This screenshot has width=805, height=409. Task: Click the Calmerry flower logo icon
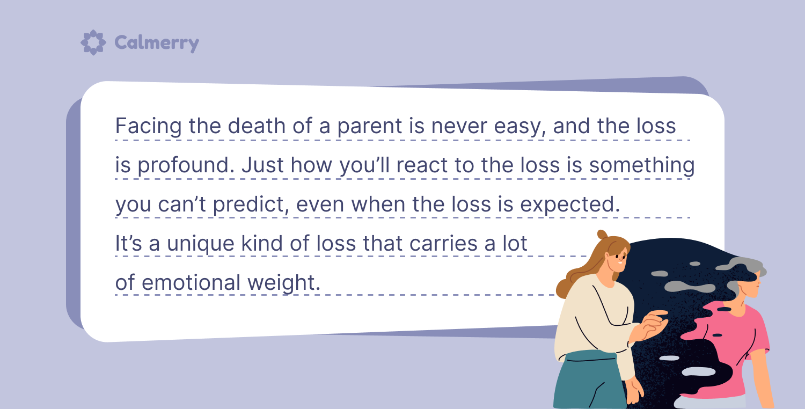tap(93, 42)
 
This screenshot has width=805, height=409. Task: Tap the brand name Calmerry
tap(157, 43)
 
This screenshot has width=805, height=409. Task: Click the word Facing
tap(149, 127)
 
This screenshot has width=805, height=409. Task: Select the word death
tap(257, 126)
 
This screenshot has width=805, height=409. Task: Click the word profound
tap(186, 165)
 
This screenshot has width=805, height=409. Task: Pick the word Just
tap(263, 165)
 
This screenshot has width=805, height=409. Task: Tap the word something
tap(642, 166)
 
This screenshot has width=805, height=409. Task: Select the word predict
tap(251, 204)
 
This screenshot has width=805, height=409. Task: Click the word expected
tap(570, 204)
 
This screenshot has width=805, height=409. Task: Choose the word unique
tap(201, 244)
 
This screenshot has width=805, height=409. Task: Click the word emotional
tap(191, 282)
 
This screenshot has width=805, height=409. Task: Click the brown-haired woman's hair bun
tap(602, 235)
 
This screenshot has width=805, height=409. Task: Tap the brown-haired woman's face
tap(617, 260)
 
